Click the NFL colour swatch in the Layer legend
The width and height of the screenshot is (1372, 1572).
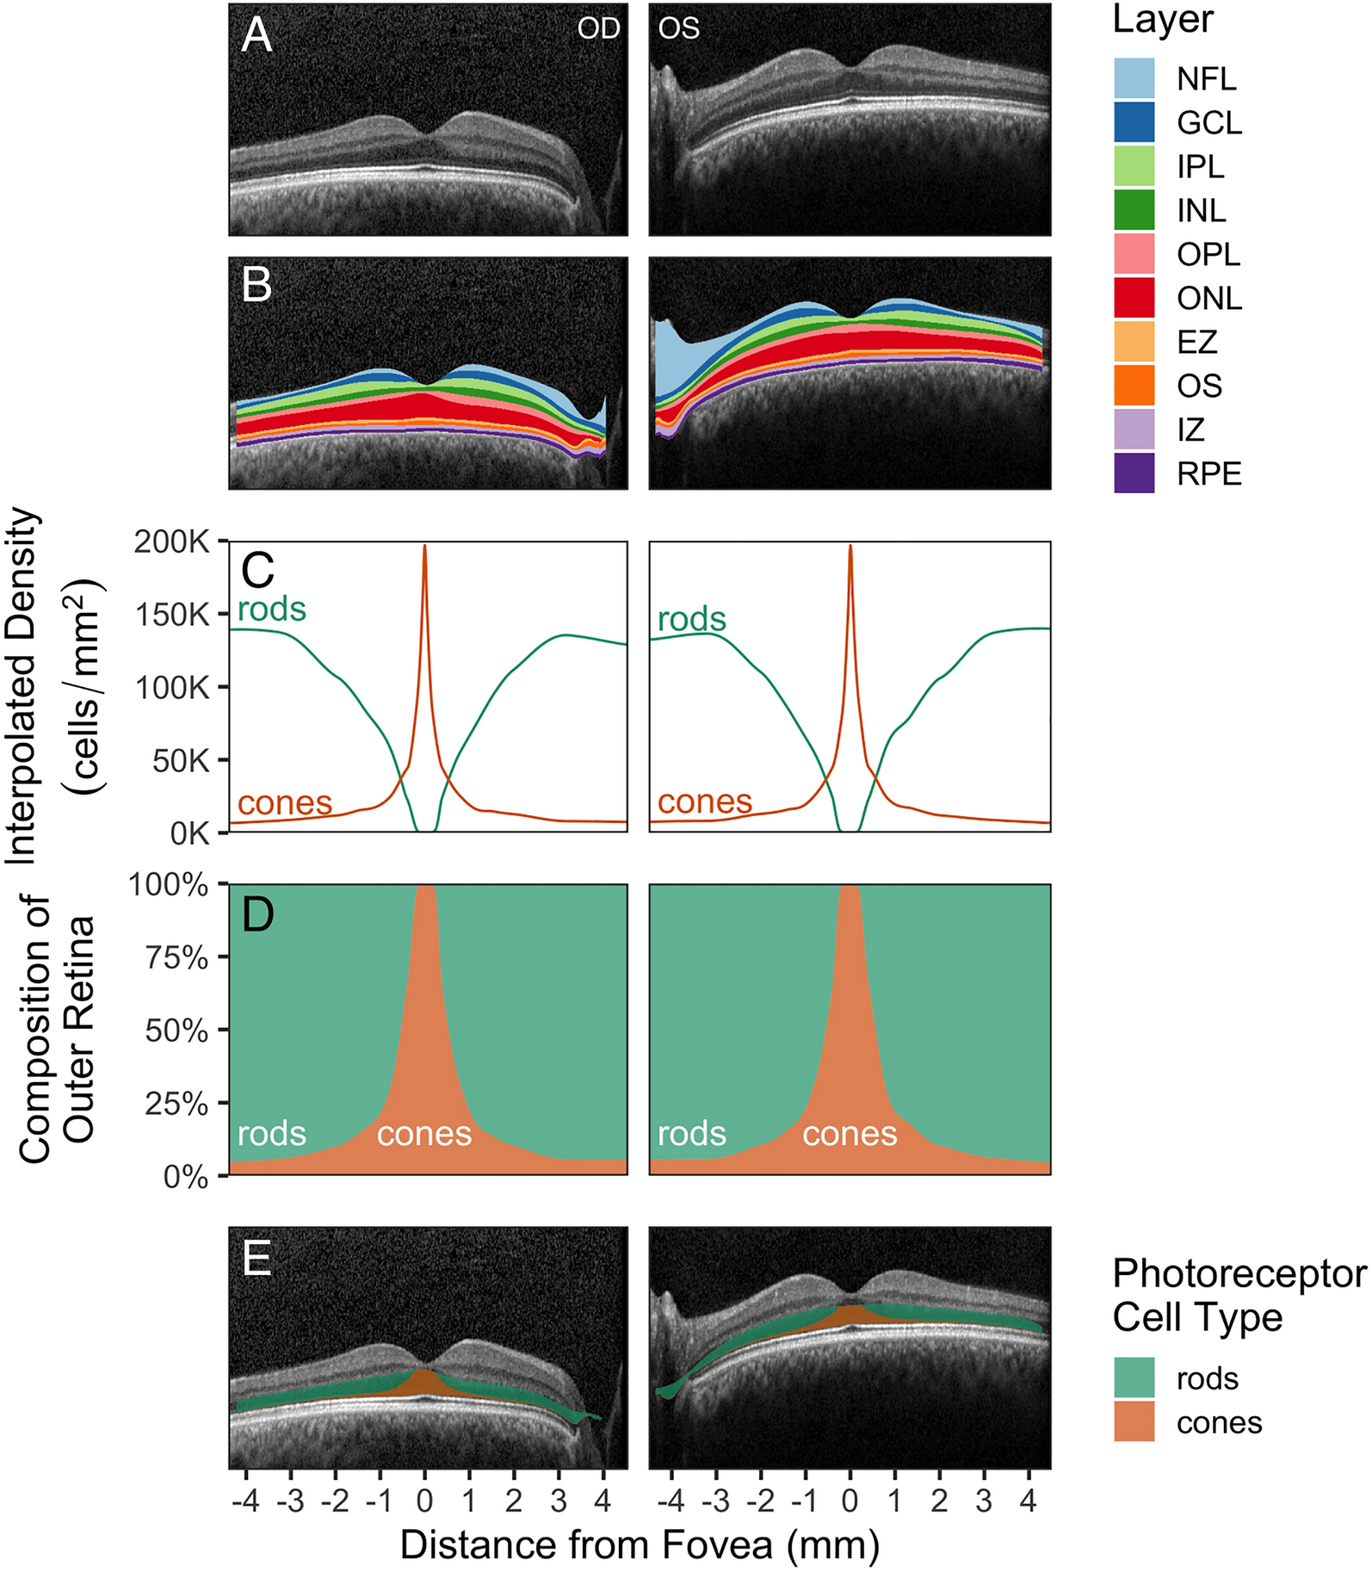1134,78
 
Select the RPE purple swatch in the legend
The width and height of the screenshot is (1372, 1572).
1134,473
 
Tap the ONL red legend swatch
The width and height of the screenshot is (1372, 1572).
1134,298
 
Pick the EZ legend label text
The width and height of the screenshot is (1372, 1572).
1196,342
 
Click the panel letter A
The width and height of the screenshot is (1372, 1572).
256,36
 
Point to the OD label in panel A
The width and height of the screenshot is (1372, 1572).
598,28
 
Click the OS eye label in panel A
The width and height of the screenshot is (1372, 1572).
678,28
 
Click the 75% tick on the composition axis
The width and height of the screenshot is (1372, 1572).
176,957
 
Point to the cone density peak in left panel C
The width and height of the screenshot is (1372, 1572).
424,547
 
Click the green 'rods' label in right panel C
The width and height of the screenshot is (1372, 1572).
692,619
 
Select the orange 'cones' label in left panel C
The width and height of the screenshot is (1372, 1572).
285,803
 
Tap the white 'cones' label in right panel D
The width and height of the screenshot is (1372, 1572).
850,1134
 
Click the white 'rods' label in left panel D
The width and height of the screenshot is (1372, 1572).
272,1134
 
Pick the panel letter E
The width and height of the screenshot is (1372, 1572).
256,1259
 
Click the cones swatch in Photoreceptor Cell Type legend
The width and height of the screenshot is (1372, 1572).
1134,1421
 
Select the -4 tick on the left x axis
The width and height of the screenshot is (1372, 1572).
245,1501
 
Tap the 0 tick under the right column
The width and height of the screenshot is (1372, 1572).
850,1501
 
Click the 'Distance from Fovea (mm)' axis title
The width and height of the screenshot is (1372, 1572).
640,1544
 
